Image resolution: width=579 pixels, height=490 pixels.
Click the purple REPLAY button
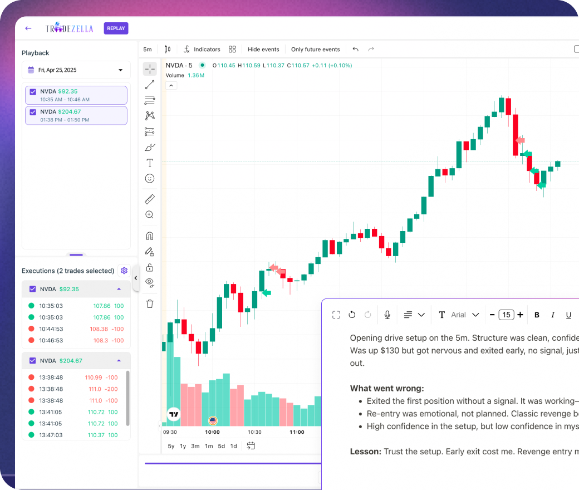(x=116, y=28)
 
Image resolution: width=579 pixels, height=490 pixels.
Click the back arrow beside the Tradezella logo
(x=28, y=28)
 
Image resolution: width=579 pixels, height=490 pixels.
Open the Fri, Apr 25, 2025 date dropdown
(x=76, y=70)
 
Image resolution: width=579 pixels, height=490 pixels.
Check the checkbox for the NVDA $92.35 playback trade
(x=33, y=91)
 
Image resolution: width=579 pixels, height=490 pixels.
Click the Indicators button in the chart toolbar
(x=202, y=49)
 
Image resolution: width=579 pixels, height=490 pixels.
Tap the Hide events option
(x=263, y=49)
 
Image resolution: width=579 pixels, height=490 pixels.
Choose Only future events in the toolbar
(x=315, y=49)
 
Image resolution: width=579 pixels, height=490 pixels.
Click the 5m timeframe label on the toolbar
(x=148, y=49)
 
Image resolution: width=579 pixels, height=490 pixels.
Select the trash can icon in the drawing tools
(x=149, y=303)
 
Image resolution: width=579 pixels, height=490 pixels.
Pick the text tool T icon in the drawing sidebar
(x=149, y=163)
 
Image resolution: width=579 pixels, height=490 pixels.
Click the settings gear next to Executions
(x=124, y=271)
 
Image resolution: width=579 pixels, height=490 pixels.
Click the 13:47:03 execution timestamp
(x=51, y=435)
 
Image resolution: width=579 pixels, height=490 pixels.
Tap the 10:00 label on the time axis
(x=212, y=432)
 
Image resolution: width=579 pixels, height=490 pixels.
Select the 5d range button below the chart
(x=222, y=446)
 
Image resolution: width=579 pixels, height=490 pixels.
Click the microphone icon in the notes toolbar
(x=387, y=315)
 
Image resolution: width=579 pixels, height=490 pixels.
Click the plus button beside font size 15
(x=520, y=315)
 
